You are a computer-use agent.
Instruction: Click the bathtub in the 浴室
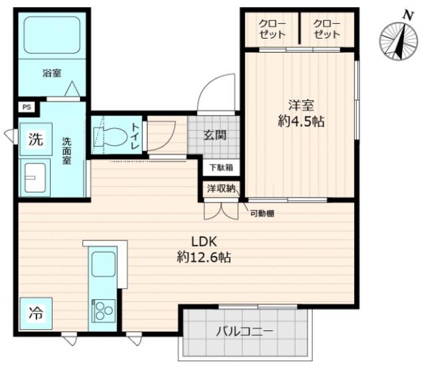(x=52, y=35)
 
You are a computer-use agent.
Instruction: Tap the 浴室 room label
(x=52, y=73)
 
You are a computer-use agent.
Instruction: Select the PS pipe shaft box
(x=27, y=108)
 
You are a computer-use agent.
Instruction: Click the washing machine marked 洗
(x=36, y=139)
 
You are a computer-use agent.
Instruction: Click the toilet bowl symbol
(x=110, y=136)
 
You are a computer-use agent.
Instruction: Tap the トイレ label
(x=135, y=136)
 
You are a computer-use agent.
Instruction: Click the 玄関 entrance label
(x=215, y=135)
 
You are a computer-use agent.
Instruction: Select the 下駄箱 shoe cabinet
(x=221, y=168)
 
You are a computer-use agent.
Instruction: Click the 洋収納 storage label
(x=221, y=188)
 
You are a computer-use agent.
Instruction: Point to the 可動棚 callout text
(x=262, y=213)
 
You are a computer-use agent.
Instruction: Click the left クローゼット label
(x=272, y=29)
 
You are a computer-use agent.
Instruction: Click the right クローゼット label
(x=327, y=29)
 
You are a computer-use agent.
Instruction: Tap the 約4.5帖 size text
(x=301, y=122)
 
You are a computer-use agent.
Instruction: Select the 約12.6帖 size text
(x=204, y=257)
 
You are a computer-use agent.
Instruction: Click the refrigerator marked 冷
(x=36, y=314)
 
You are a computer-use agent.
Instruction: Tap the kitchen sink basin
(x=104, y=265)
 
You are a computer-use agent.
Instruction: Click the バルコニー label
(x=245, y=332)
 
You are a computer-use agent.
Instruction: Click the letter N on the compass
(x=408, y=16)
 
